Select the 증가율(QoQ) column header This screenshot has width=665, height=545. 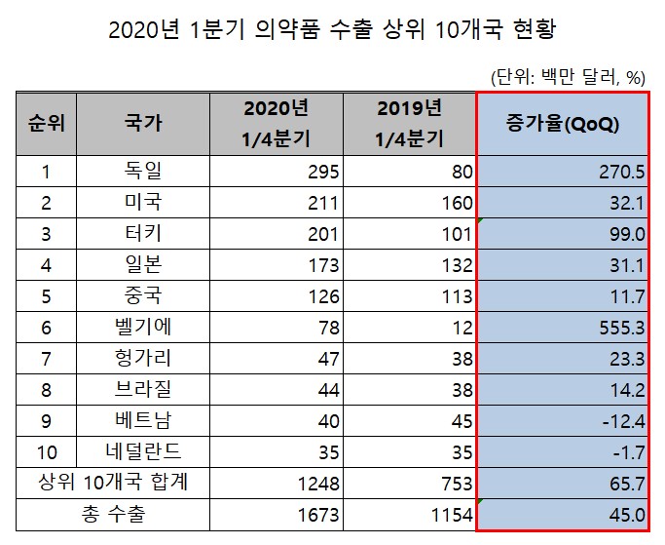tap(563, 124)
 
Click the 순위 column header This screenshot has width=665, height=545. tap(44, 124)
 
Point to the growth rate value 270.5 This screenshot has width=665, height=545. tap(623, 173)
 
